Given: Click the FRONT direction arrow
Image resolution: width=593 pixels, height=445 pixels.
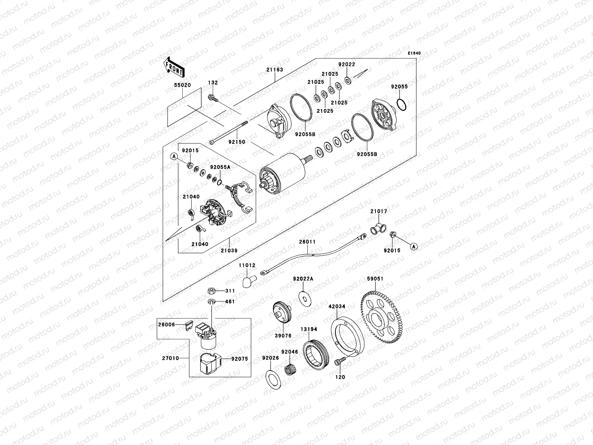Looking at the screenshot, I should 174,66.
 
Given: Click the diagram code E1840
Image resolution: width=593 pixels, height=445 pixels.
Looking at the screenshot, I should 414,53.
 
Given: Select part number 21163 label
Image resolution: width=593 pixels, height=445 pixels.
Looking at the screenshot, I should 274,69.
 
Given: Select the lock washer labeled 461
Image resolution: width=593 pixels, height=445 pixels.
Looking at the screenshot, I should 211,301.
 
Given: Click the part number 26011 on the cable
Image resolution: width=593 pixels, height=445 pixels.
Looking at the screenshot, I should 307,242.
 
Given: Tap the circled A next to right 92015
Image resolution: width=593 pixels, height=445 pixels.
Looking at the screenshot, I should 414,246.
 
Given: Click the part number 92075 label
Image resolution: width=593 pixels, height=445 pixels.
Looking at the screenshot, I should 239,359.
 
